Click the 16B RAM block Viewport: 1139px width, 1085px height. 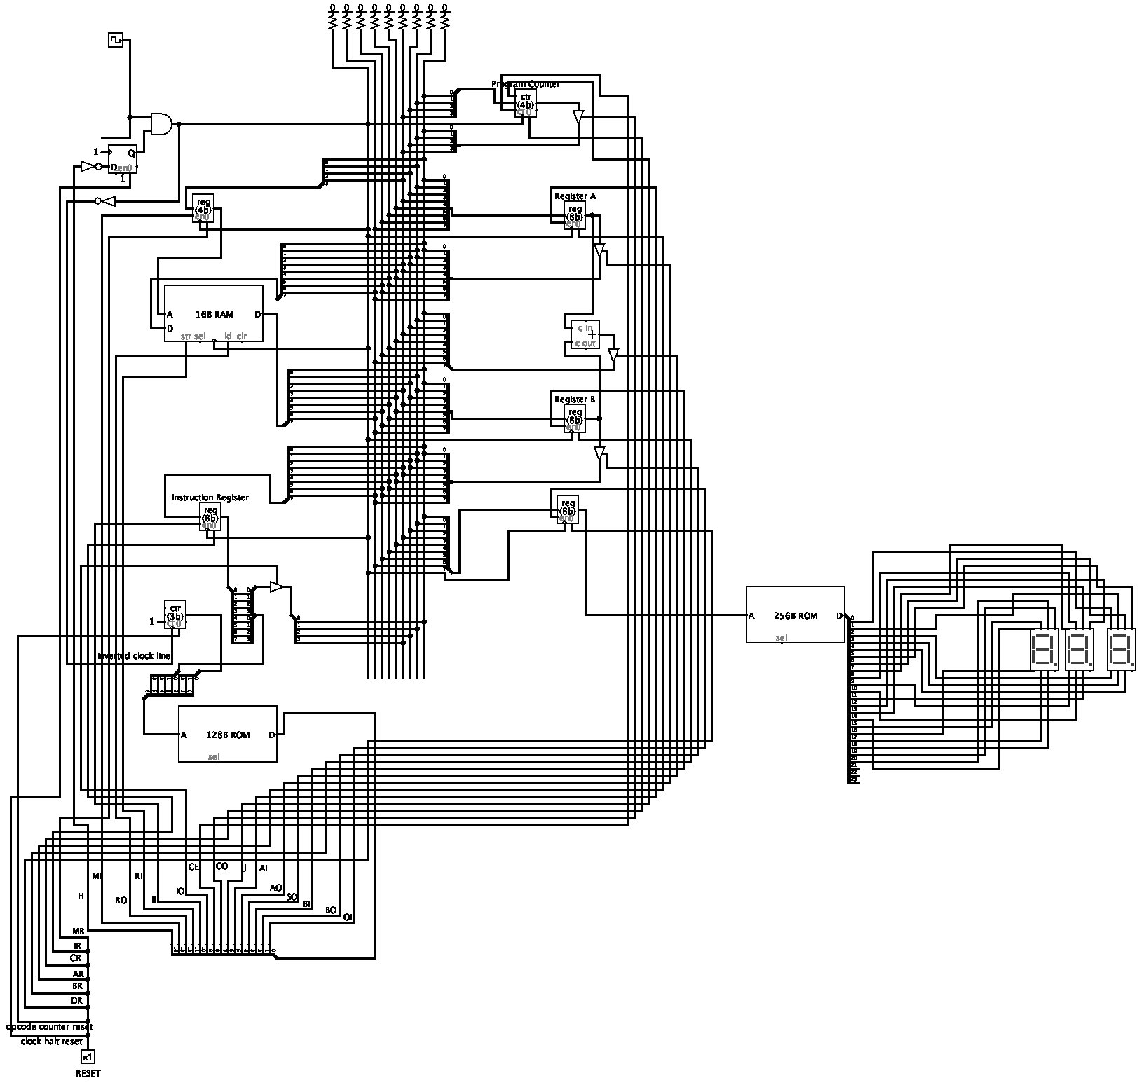(x=214, y=313)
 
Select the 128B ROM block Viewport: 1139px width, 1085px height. (x=227, y=734)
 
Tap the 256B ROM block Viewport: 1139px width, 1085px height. (x=795, y=615)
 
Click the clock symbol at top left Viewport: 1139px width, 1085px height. (x=116, y=40)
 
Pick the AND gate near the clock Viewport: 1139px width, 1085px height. (x=161, y=124)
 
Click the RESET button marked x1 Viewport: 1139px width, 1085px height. (x=88, y=1057)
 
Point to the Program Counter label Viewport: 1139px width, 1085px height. (x=526, y=84)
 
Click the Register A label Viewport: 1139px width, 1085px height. (x=575, y=196)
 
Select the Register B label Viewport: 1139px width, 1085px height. (x=575, y=400)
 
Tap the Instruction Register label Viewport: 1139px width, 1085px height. (x=210, y=498)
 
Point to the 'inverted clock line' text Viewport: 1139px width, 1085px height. (x=134, y=656)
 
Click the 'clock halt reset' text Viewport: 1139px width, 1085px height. (x=52, y=1041)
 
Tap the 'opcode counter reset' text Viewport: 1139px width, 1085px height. (x=49, y=1027)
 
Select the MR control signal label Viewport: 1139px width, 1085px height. (x=79, y=932)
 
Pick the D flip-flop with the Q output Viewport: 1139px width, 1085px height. (x=122, y=160)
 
